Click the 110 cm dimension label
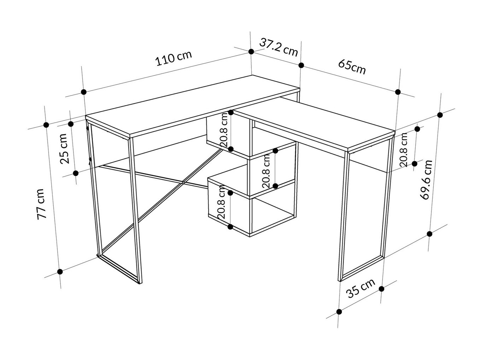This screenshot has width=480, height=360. [x=174, y=58]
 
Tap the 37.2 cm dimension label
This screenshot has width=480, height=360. [x=279, y=47]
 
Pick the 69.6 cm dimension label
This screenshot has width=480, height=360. [x=426, y=180]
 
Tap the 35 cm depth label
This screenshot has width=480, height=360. [x=361, y=289]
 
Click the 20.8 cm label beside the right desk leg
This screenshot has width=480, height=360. [x=403, y=150]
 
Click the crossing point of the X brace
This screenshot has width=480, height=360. [x=183, y=182]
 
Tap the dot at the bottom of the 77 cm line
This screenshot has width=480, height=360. [x=60, y=272]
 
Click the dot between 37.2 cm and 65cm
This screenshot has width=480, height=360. [x=301, y=65]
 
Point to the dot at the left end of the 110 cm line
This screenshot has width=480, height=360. [x=83, y=92]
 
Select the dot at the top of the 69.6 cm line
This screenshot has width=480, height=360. [x=440, y=115]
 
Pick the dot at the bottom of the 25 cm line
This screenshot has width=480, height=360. [x=76, y=173]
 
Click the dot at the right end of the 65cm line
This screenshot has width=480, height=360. [x=398, y=92]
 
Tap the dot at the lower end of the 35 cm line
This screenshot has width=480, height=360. [x=339, y=312]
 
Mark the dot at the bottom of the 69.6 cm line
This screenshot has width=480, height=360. [x=429, y=234]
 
